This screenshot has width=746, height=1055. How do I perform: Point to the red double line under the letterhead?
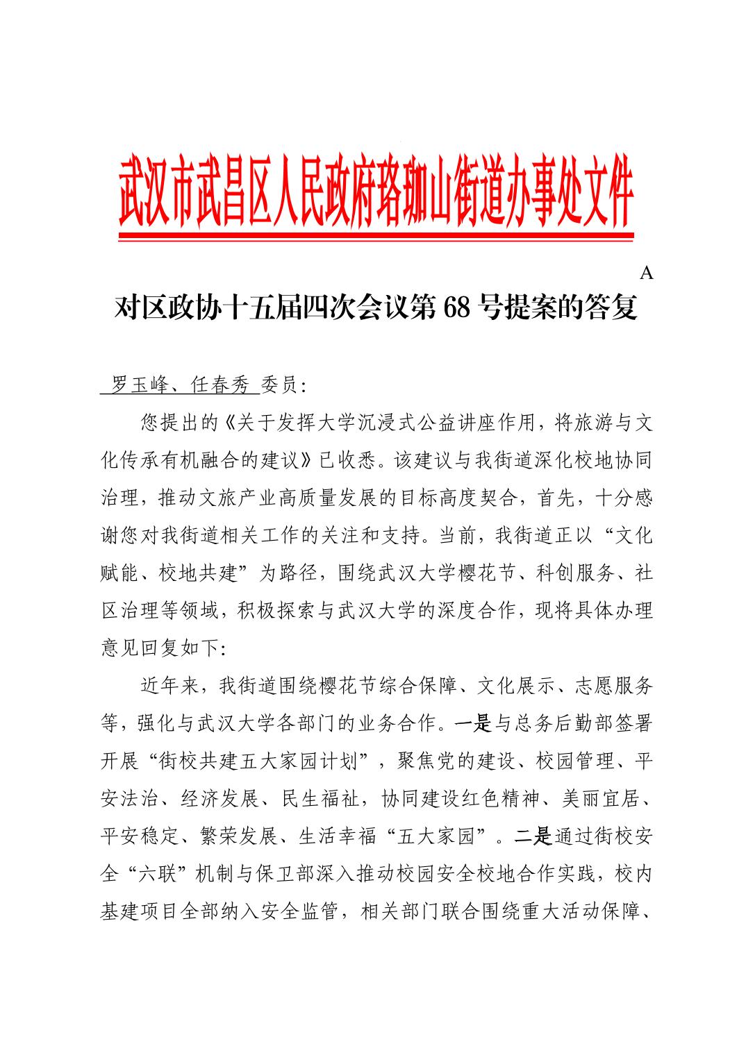(x=376, y=237)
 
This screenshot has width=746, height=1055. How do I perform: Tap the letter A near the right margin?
(x=646, y=273)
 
